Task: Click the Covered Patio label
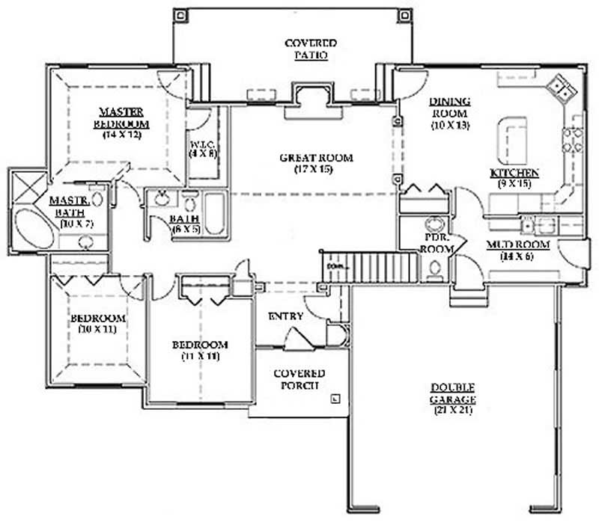[310, 49]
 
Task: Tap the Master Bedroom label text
[121, 117]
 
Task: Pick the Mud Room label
[518, 245]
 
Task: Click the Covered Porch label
[299, 379]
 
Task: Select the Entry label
[285, 316]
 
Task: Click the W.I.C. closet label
[201, 147]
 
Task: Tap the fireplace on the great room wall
[309, 98]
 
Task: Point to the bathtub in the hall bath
[215, 214]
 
